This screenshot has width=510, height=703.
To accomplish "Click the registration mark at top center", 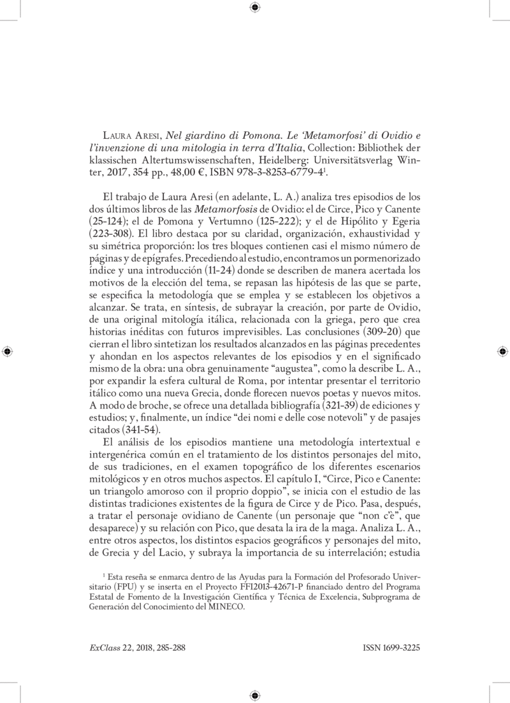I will tap(255, 8).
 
